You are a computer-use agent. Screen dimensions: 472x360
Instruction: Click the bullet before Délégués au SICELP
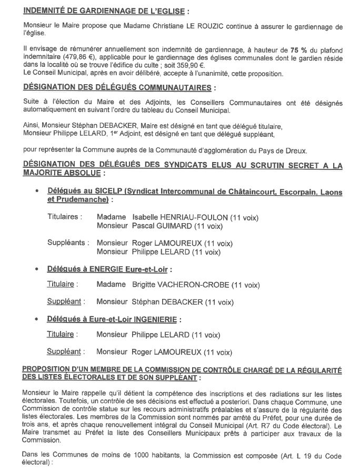(36, 193)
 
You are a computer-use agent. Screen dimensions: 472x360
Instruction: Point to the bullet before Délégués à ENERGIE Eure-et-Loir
(36, 270)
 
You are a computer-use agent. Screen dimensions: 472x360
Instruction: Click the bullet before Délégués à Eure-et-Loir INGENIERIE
(36, 319)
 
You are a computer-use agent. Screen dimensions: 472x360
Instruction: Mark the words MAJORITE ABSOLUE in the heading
(63, 173)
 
